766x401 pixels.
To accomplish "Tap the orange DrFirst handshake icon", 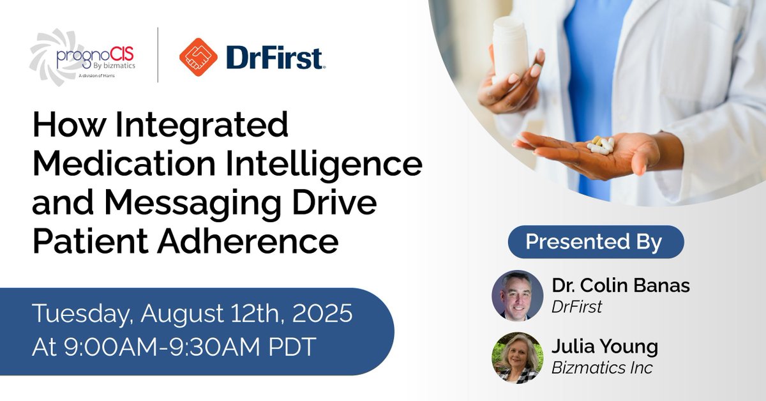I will point(198,57).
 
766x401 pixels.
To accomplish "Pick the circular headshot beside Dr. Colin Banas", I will point(517,296).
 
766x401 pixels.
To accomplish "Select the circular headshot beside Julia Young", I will point(517,358).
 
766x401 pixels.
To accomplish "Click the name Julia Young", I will point(605,347).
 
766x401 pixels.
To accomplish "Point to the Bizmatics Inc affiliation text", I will point(602,368).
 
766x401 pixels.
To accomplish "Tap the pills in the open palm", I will point(600,145).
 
